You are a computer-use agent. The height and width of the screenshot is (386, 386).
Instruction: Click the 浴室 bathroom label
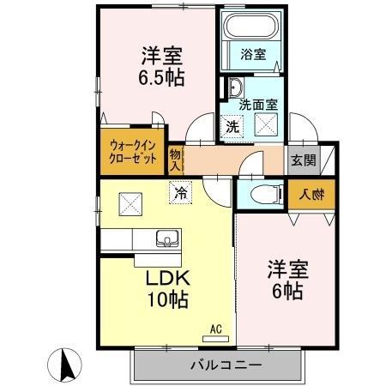[254, 54]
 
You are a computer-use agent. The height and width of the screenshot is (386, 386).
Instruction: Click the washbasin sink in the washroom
[234, 87]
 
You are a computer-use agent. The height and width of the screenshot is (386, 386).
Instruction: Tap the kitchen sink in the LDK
[165, 238]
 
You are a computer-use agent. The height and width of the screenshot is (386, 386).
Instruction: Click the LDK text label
[166, 279]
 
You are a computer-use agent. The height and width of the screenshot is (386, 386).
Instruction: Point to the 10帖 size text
[166, 300]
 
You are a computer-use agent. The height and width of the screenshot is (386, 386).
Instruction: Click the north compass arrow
[63, 365]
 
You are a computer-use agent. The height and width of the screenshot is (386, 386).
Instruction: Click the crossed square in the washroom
[266, 126]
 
